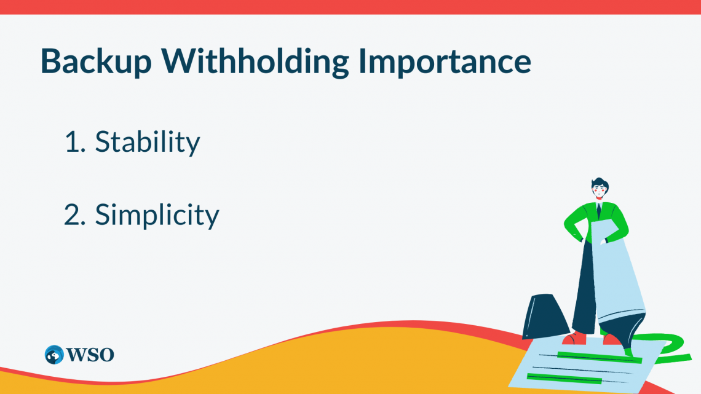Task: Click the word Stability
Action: point(148,142)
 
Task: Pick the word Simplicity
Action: point(157,215)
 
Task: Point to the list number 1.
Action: point(72,142)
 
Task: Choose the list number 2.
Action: point(73,215)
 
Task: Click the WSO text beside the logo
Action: point(90,355)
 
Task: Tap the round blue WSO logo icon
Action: point(54,355)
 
